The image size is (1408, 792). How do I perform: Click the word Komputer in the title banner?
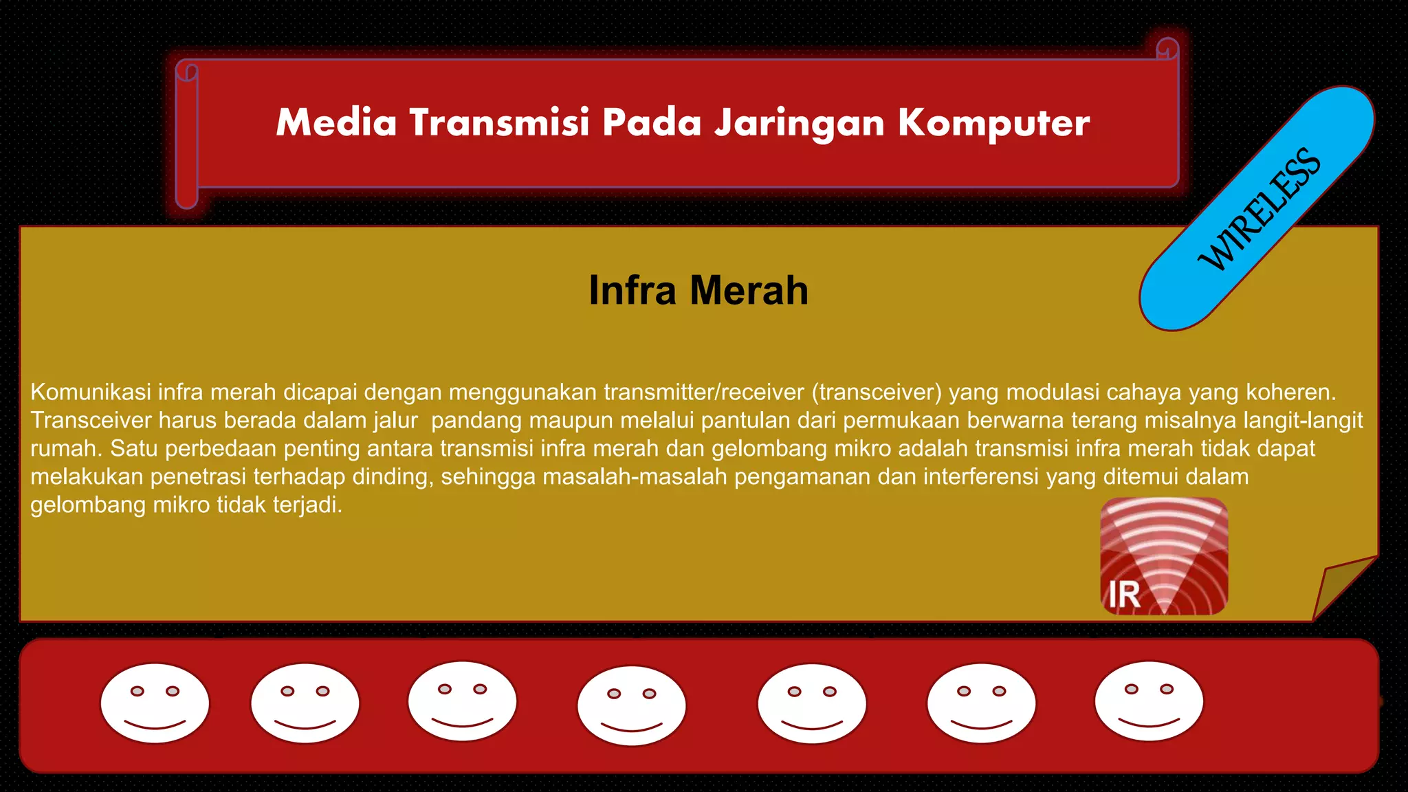tap(993, 123)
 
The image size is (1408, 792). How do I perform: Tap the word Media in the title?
tap(336, 123)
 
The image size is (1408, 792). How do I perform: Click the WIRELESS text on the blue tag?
tap(1259, 209)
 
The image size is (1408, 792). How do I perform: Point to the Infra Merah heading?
tap(698, 290)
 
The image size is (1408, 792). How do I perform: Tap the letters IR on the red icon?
tap(1124, 595)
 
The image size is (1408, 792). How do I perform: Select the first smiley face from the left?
tap(155, 703)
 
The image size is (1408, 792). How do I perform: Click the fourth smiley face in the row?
tap(631, 705)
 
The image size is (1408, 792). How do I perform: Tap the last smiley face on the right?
tap(1149, 701)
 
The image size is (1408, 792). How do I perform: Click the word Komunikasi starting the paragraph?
tap(91, 392)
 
